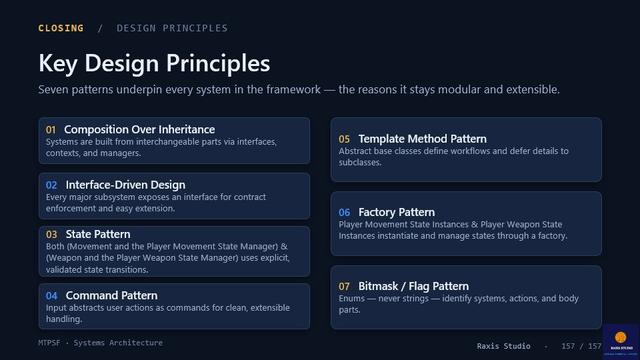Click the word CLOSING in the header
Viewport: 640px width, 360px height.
(61, 28)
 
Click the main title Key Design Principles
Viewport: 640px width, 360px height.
(154, 63)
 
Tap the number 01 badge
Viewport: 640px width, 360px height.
(51, 130)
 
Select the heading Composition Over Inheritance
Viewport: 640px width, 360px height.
(139, 129)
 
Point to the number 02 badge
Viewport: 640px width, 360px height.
(51, 185)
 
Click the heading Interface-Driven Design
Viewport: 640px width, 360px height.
(126, 185)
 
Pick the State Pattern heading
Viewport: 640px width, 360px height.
(98, 234)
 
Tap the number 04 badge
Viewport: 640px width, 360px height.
(51, 296)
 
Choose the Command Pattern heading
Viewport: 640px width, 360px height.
(111, 295)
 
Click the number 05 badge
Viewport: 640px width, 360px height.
(344, 139)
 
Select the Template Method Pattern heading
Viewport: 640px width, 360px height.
(423, 139)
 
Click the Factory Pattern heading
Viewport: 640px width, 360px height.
(396, 212)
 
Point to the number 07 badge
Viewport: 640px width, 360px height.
(344, 287)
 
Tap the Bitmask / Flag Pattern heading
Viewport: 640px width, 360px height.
(413, 286)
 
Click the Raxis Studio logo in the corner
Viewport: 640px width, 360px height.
(621, 341)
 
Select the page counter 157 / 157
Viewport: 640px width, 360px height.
(581, 346)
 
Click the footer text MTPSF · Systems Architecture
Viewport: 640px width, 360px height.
(101, 343)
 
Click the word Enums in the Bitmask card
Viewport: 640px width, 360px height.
(351, 299)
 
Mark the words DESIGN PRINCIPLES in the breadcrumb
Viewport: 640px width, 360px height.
(172, 28)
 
